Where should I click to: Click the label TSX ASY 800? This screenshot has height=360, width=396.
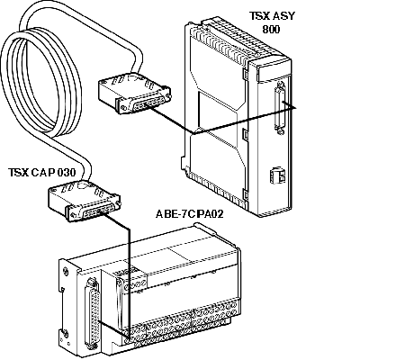click(x=272, y=22)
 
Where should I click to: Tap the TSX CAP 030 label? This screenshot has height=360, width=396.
click(x=41, y=172)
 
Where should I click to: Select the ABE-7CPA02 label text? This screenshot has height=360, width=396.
click(x=190, y=214)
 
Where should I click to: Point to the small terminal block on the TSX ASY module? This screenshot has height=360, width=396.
click(x=278, y=175)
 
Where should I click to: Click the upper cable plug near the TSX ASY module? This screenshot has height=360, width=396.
click(x=135, y=93)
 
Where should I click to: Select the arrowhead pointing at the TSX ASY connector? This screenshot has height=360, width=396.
click(x=292, y=107)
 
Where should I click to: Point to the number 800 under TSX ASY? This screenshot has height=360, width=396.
click(x=271, y=29)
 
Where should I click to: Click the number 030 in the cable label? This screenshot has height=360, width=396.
click(x=66, y=172)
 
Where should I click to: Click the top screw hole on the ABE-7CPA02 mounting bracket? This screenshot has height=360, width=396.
click(x=66, y=273)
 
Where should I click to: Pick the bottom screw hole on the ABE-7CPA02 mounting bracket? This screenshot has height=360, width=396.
click(x=65, y=333)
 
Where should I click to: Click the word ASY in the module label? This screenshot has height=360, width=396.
click(x=284, y=15)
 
